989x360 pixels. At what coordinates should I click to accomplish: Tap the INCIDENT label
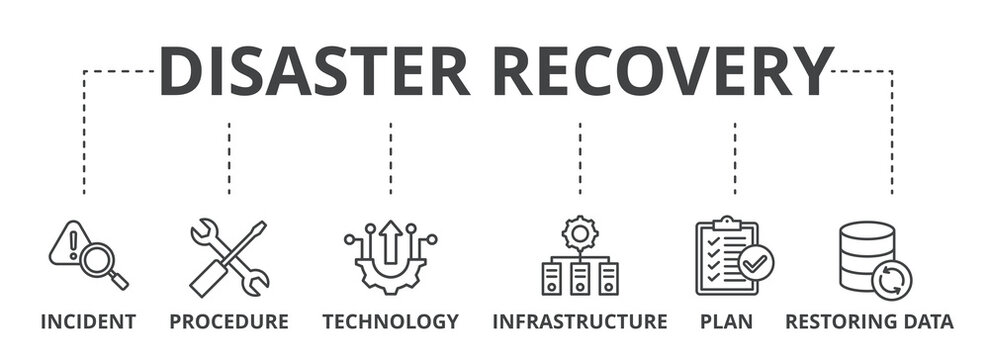click(x=88, y=322)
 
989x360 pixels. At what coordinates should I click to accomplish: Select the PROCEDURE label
click(x=229, y=322)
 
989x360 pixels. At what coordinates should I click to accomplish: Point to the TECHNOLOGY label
click(x=390, y=322)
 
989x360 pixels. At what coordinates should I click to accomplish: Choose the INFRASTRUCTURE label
click(x=579, y=322)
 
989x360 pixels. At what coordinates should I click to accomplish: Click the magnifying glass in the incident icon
click(x=100, y=262)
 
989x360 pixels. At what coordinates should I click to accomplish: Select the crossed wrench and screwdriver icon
click(x=229, y=257)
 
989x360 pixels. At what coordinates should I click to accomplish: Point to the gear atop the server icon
click(x=580, y=233)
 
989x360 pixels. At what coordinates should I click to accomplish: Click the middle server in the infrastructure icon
click(x=580, y=278)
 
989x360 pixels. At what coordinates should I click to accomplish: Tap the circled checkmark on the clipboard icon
click(x=755, y=262)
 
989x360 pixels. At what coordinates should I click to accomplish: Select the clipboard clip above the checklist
click(x=727, y=222)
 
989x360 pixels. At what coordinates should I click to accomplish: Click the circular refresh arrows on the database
click(x=891, y=279)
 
